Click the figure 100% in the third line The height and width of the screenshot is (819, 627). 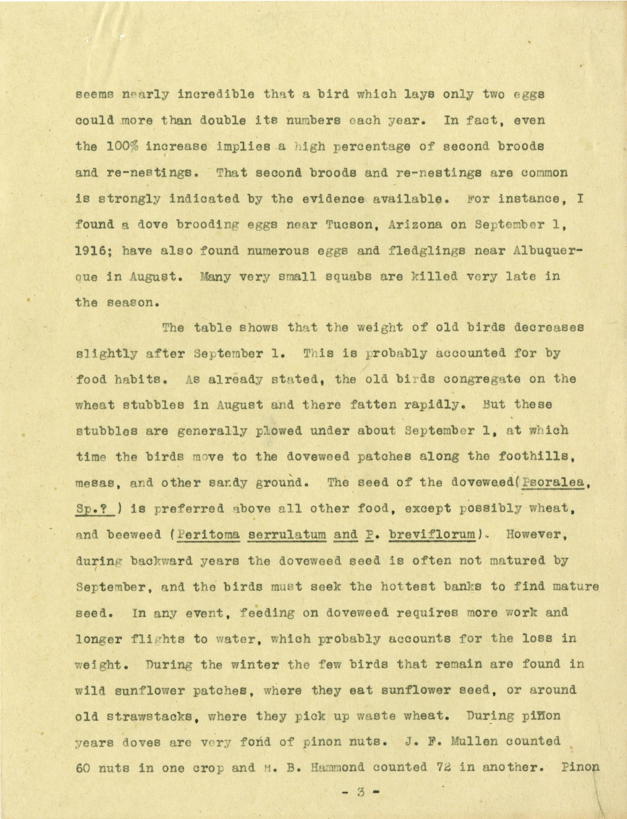[x=122, y=146]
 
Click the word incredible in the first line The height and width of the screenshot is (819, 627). [x=216, y=94]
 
